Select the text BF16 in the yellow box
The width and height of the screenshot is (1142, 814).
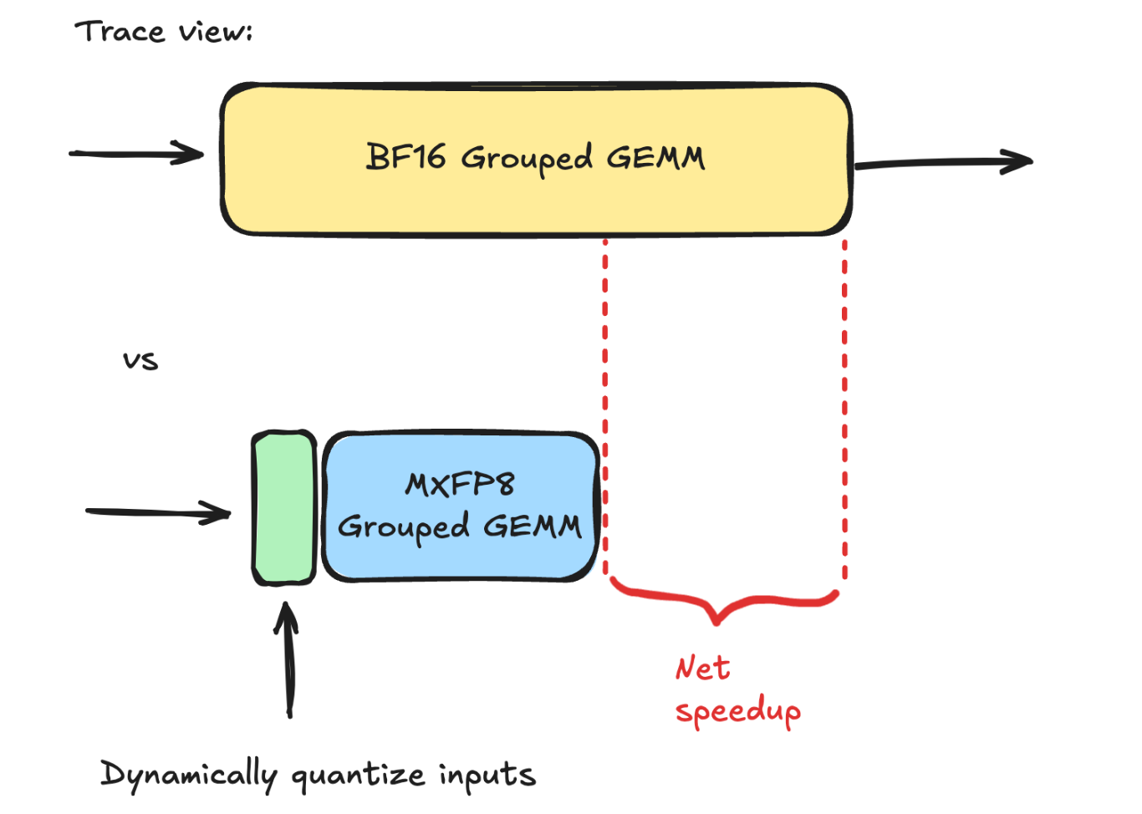pyautogui.click(x=405, y=156)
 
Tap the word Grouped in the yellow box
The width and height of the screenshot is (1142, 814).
pyautogui.click(x=527, y=158)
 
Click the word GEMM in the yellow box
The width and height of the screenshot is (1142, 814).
pyautogui.click(x=655, y=157)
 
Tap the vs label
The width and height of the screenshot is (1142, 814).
pyautogui.click(x=140, y=360)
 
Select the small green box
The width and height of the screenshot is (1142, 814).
pyautogui.click(x=284, y=507)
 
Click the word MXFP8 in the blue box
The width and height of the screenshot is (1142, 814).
pyautogui.click(x=459, y=484)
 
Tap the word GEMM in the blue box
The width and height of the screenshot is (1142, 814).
pyautogui.click(x=533, y=526)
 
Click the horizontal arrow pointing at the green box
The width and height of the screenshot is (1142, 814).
pyautogui.click(x=158, y=511)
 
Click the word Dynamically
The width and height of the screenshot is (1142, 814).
pyautogui.click(x=188, y=776)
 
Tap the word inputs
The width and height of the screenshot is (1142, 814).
pyautogui.click(x=487, y=776)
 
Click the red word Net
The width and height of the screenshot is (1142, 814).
pyautogui.click(x=702, y=668)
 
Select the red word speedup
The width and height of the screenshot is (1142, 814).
pyautogui.click(x=737, y=712)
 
